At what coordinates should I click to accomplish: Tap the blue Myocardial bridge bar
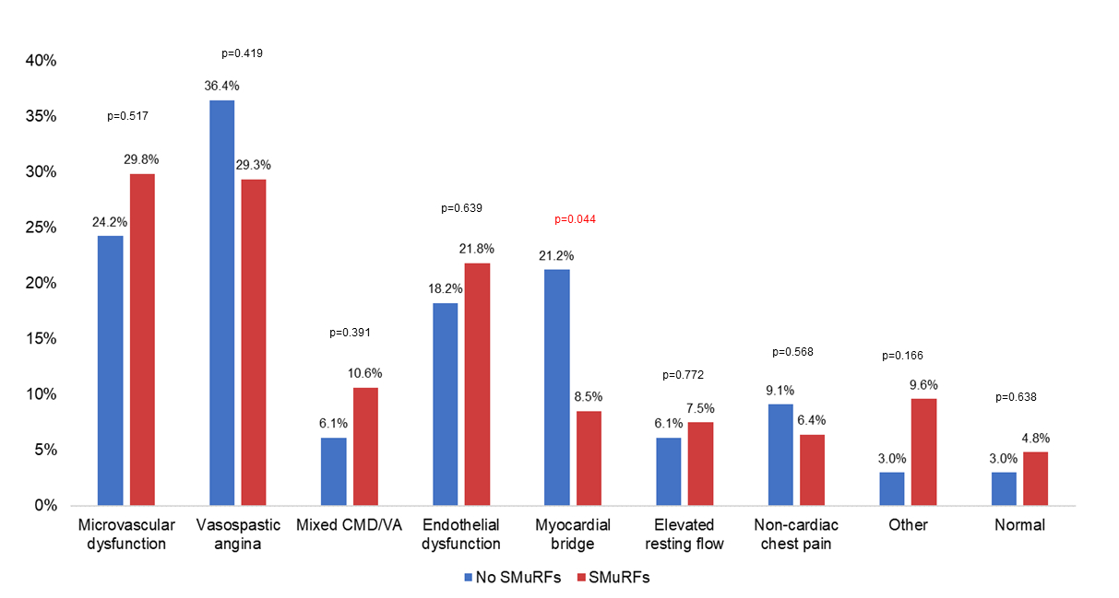point(556,387)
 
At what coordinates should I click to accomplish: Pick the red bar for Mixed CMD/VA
point(365,446)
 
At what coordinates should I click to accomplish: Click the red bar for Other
point(923,451)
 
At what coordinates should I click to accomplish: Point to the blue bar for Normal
point(1004,488)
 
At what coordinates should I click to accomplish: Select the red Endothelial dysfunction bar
point(477,384)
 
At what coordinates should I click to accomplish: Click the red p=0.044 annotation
point(576,219)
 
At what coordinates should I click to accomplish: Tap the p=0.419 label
point(243,53)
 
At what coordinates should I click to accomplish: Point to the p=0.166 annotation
point(902,356)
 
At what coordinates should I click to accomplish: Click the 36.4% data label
point(221,86)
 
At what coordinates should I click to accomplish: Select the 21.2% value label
point(556,255)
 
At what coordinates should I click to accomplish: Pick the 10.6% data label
point(365,373)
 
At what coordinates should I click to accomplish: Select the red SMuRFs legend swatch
point(580,578)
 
